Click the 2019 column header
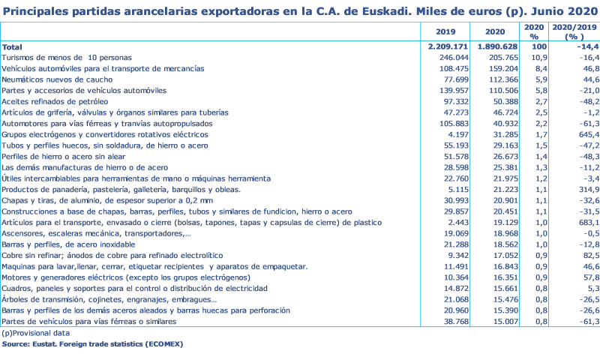click(445, 31)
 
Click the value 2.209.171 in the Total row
click(448, 46)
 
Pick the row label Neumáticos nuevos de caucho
click(57, 79)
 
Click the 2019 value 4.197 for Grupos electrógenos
click(455, 133)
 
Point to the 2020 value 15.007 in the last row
click(498, 322)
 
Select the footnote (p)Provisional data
click(35, 333)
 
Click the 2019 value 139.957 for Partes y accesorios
click(451, 90)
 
